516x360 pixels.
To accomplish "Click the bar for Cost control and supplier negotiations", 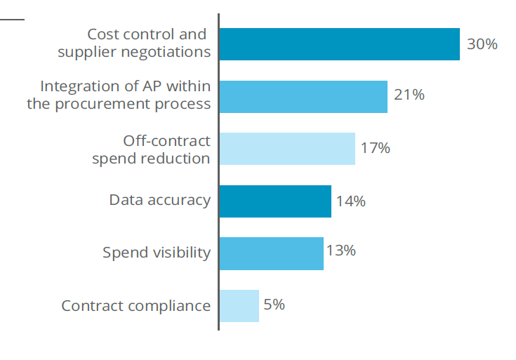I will (339, 44).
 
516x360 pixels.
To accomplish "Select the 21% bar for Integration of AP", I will (303, 97).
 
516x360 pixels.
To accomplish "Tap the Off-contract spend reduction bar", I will (287, 149).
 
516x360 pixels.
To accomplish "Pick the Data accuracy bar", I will (275, 201).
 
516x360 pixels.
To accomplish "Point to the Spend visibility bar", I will (271, 253).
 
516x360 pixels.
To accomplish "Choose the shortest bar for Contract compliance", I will (239, 306).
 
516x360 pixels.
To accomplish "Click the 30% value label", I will (482, 44).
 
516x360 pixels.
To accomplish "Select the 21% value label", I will (409, 95).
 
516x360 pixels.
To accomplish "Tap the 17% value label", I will (375, 148).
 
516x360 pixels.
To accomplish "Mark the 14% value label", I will (350, 201).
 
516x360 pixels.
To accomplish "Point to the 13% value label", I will (340, 251).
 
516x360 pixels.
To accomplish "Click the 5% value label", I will (274, 305).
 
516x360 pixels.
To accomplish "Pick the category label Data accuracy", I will (159, 200).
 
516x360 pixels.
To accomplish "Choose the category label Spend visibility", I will (156, 253).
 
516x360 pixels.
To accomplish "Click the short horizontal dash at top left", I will (12, 19).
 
